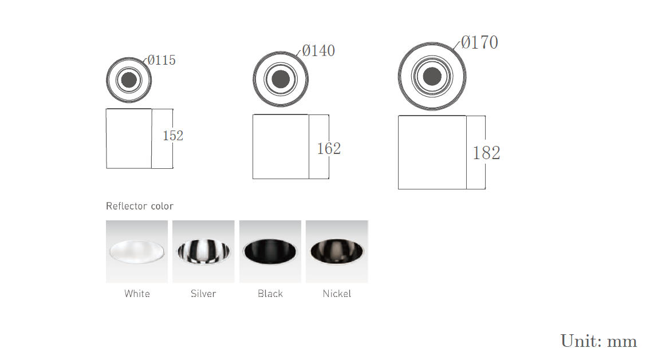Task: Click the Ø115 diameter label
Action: click(x=161, y=60)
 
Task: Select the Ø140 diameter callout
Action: click(x=318, y=51)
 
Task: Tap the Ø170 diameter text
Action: click(x=479, y=42)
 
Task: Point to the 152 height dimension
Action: click(x=173, y=136)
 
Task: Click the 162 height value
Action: click(x=329, y=149)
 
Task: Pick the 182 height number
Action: click(x=486, y=153)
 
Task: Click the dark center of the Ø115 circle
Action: click(x=129, y=80)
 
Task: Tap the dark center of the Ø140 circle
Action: click(x=281, y=78)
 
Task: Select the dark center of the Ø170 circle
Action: click(x=432, y=76)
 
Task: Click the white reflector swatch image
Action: click(x=137, y=251)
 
